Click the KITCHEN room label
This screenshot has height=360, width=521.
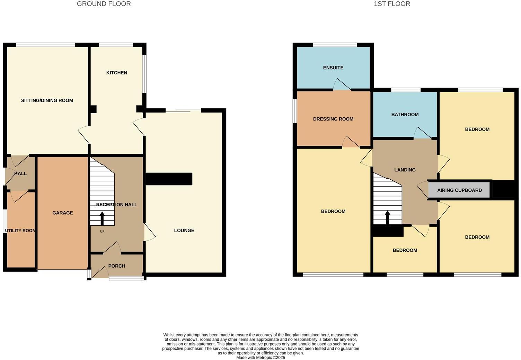click(x=116, y=73)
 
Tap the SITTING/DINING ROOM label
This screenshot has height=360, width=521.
click(x=47, y=101)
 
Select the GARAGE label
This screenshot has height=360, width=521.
click(x=63, y=213)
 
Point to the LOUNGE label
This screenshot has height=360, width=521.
click(x=184, y=231)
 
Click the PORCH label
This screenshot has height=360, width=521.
click(x=117, y=266)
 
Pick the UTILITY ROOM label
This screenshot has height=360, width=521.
click(x=20, y=231)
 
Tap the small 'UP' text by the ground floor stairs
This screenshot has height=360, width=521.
click(x=102, y=231)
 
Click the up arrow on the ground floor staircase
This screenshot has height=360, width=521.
click(x=102, y=218)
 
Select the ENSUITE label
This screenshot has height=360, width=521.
click(x=333, y=68)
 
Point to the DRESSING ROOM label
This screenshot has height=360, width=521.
click(x=333, y=119)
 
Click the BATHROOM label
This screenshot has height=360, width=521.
click(x=405, y=115)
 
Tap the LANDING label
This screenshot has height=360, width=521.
click(x=405, y=170)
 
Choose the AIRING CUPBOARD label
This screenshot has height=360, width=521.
click(x=459, y=190)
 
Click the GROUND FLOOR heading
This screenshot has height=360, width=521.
click(x=104, y=4)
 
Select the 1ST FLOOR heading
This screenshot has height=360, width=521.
click(x=392, y=4)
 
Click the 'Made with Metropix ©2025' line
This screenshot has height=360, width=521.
click(x=260, y=358)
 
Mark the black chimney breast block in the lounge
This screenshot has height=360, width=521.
click(x=169, y=179)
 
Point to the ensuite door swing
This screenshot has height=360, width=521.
click(x=342, y=85)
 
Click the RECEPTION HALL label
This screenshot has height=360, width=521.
click(x=117, y=205)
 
